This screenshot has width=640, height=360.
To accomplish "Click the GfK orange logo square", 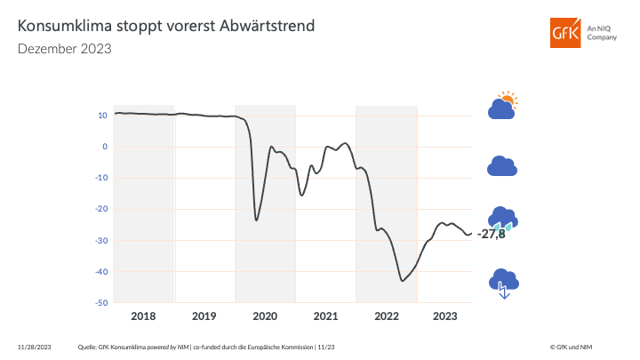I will tap(564, 34).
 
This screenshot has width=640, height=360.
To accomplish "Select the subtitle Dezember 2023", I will tap(65, 49).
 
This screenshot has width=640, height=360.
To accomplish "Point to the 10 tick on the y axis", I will tap(103, 115).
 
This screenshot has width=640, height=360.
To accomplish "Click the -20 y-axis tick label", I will tap(101, 209).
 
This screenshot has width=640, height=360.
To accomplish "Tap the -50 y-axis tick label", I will tap(101, 303).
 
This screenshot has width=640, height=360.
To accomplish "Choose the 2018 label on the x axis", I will tap(144, 316).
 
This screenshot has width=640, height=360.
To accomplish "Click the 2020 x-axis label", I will tap(265, 316).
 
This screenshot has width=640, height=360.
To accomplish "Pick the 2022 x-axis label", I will tap(386, 316).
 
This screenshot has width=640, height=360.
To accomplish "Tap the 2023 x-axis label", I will tap(444, 316).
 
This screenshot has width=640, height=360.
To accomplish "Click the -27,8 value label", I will tap(491, 234).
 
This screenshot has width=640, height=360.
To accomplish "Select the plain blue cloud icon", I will tap(502, 166).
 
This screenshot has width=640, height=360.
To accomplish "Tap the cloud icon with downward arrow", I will tap(503, 283).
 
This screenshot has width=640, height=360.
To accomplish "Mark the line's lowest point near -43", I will tap(403, 281).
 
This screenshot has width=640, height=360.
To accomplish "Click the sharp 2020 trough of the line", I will tap(257, 220).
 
